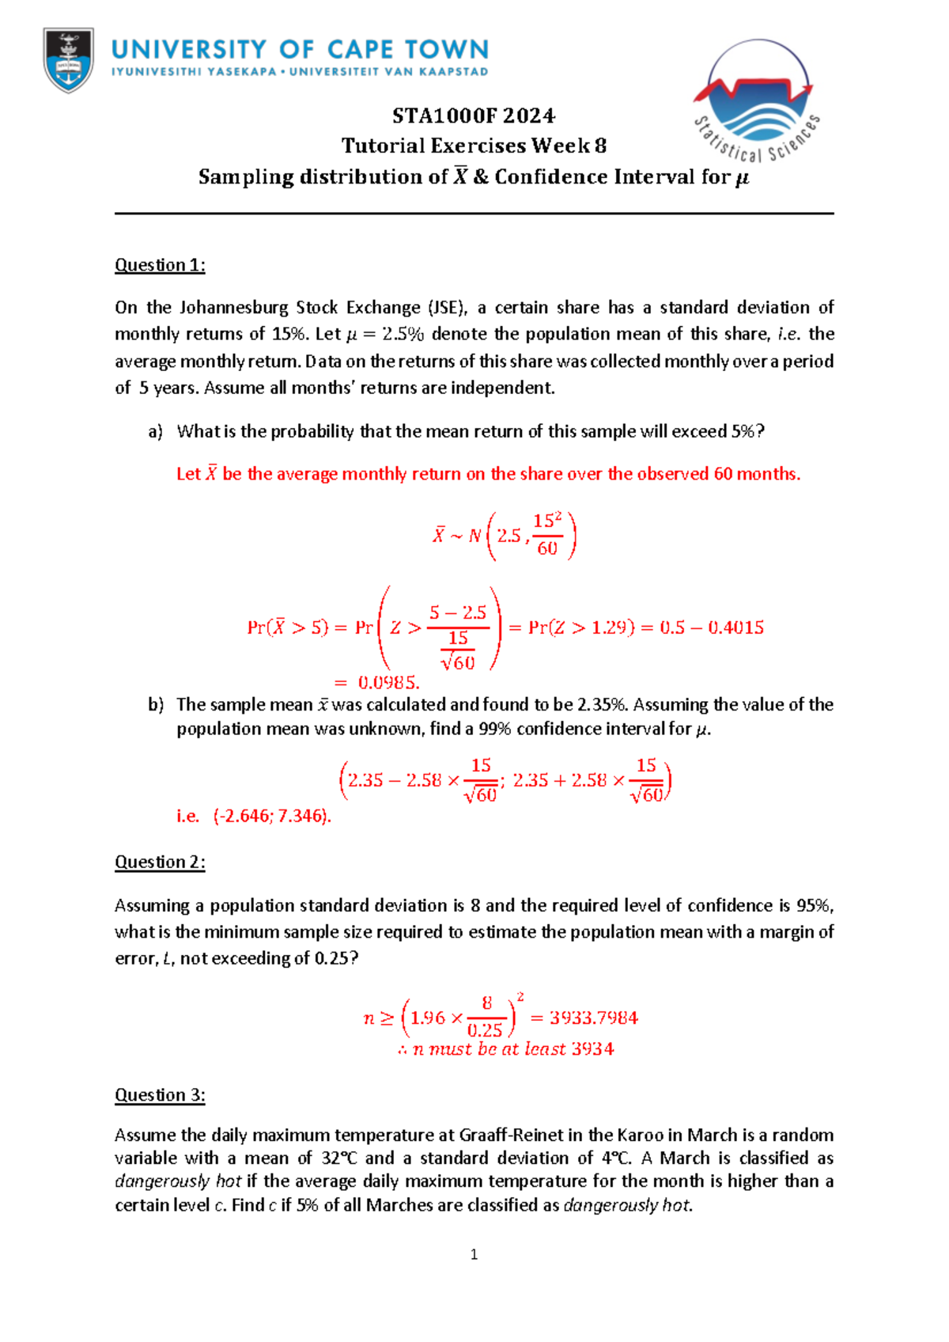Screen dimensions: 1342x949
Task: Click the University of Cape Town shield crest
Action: click(x=69, y=59)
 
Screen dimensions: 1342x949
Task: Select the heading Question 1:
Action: click(x=160, y=265)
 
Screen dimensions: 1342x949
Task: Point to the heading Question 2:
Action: click(x=160, y=862)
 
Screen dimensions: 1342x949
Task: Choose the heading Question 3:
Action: click(x=160, y=1095)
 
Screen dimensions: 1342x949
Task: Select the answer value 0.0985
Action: click(x=388, y=682)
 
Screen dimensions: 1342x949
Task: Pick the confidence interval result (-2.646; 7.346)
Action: click(x=271, y=816)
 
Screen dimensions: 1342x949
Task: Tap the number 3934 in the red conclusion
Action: click(x=592, y=1049)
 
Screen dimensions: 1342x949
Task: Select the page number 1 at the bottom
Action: click(x=474, y=1254)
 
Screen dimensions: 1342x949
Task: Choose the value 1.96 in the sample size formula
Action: click(x=428, y=1018)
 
